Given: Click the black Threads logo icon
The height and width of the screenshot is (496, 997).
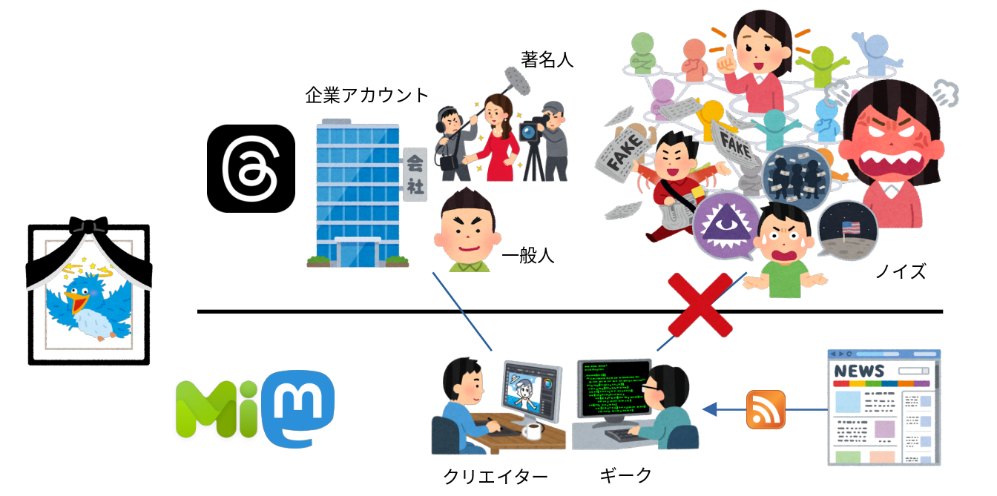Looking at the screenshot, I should [x=251, y=169].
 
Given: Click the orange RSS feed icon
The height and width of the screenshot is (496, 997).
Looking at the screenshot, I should [x=765, y=409].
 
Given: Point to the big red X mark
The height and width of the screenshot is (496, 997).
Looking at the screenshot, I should [x=700, y=305].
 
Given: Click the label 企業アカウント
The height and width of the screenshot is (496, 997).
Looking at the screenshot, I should [x=367, y=95].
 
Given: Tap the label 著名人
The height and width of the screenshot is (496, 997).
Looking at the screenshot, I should [x=547, y=60].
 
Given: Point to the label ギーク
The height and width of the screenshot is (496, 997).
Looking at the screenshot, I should [x=625, y=474].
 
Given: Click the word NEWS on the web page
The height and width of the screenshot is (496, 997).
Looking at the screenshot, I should [x=859, y=371].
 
